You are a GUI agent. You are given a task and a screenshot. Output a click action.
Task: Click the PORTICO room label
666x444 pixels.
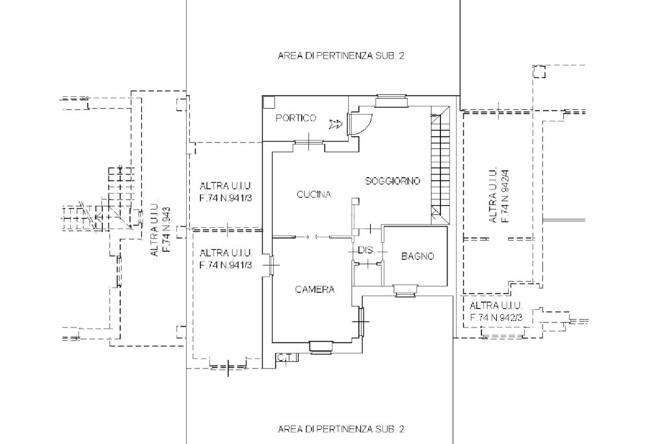[x=296, y=118]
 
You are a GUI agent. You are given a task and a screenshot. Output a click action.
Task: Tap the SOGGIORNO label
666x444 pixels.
[x=393, y=180]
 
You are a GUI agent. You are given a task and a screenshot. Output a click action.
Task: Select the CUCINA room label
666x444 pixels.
[x=314, y=194]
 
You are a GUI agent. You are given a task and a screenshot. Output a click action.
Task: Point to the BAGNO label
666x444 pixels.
[x=417, y=257]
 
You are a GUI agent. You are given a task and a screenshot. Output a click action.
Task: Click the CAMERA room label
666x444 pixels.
[x=315, y=290]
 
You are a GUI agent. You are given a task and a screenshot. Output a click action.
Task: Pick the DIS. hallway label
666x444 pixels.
[x=366, y=250]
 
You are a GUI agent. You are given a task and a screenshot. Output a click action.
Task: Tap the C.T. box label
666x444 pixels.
[x=284, y=357]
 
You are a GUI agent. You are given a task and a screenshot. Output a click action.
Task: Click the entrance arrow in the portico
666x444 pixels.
[x=336, y=124]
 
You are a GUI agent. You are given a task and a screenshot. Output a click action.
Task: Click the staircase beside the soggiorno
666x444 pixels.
[x=440, y=163]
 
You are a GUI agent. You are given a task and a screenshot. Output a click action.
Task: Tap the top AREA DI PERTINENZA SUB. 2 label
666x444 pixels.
[x=341, y=56]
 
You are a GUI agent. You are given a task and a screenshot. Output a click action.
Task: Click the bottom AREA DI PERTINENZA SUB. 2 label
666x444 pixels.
[x=341, y=429]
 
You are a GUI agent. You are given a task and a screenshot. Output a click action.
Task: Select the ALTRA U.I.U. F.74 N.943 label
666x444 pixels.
[x=160, y=232]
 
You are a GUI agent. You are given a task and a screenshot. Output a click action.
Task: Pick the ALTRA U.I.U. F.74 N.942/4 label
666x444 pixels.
[x=499, y=195]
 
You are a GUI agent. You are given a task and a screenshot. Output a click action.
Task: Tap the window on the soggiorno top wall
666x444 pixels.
[x=392, y=100]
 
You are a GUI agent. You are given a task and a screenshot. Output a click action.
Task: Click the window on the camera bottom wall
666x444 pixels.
[x=321, y=347]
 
